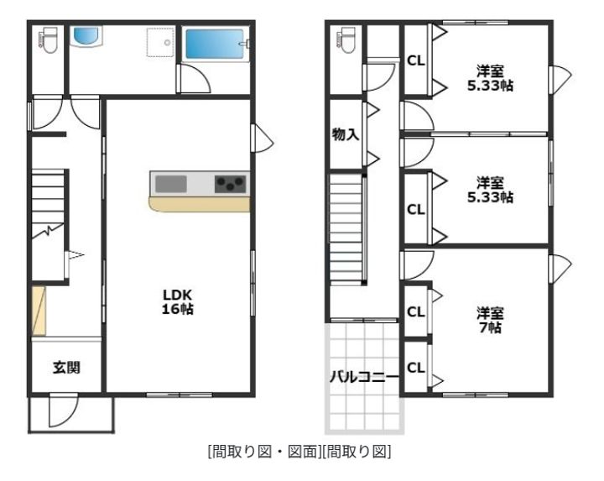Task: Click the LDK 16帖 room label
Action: pyautogui.click(x=178, y=302)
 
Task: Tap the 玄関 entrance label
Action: pyautogui.click(x=66, y=368)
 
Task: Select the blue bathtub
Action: pyautogui.click(x=215, y=44)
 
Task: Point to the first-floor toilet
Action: pyautogui.click(x=48, y=39)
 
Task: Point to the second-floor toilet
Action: pyautogui.click(x=346, y=39)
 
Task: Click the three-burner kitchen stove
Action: pyautogui.click(x=230, y=184)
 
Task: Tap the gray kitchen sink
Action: pyautogui.click(x=171, y=184)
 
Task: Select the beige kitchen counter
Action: pyautogui.click(x=199, y=204)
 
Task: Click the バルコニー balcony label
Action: pyautogui.click(x=363, y=377)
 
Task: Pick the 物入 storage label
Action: pyautogui.click(x=346, y=134)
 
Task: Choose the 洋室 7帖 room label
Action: pyautogui.click(x=490, y=320)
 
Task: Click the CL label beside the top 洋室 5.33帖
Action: pyautogui.click(x=416, y=60)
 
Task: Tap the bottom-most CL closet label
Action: pyautogui.click(x=416, y=368)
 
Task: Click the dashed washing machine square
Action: pyautogui.click(x=160, y=43)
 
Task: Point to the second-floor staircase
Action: pyautogui.click(x=346, y=229)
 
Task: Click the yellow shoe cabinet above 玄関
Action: pyautogui.click(x=39, y=311)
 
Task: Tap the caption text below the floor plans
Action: pyautogui.click(x=299, y=452)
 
